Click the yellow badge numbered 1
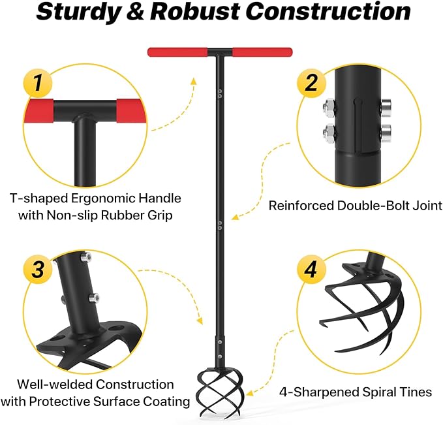coord(38,83)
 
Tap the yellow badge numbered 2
coord(311,83)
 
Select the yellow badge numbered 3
coord(38,269)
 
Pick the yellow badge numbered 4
coord(311,269)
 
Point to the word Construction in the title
coord(328,11)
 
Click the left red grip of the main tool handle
coord(177,52)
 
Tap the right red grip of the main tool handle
coord(262,52)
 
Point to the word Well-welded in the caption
coord(55,385)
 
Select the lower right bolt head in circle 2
coord(386,133)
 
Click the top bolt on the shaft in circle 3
coord(85,257)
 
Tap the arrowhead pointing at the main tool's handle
coord(193,81)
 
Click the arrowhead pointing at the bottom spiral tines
coord(249,393)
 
